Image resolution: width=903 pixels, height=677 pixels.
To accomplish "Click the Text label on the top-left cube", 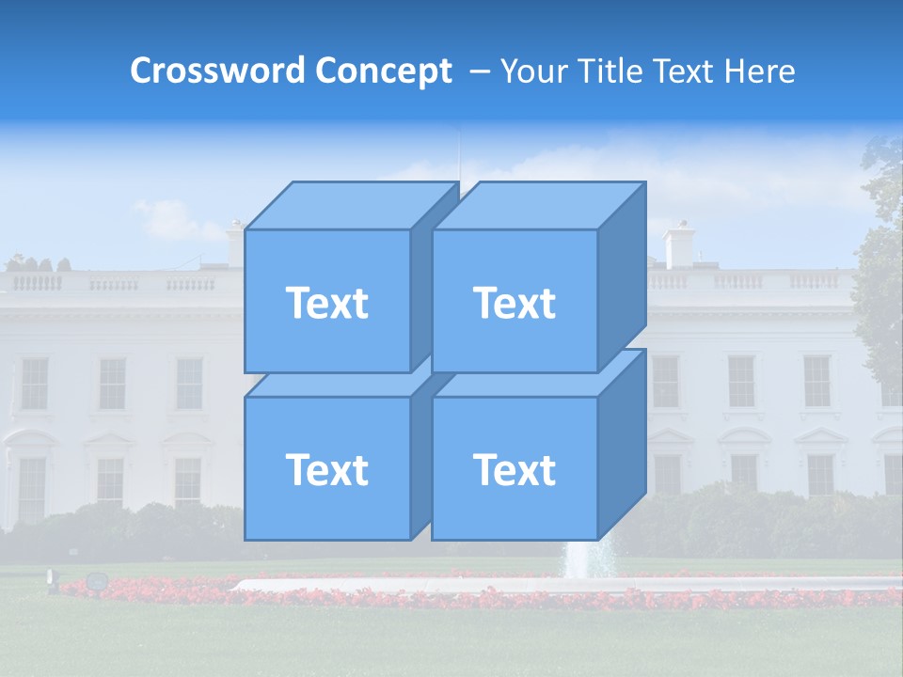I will [326, 303].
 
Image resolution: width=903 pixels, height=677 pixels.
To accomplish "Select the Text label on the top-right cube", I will [515, 303].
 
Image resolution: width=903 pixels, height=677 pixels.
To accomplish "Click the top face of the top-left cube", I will [348, 205].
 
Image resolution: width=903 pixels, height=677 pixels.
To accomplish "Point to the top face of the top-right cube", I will [536, 205].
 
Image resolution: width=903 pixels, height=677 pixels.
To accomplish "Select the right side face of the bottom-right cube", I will [622, 447].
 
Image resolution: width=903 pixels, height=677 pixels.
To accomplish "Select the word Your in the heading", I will [532, 71].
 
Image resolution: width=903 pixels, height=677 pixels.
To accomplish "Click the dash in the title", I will [478, 71].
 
